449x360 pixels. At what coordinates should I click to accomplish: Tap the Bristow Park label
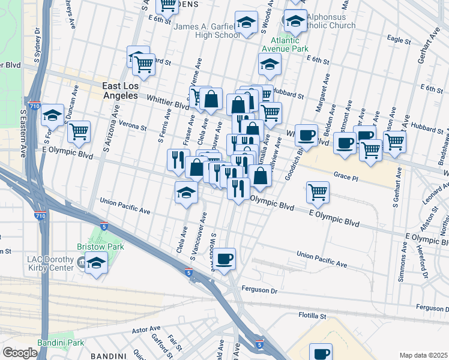coord(92,247)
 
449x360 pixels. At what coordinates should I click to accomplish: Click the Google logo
coord(20,353)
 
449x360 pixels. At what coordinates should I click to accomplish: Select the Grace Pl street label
coord(346,178)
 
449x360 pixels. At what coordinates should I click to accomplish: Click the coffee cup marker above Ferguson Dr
coord(225,259)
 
